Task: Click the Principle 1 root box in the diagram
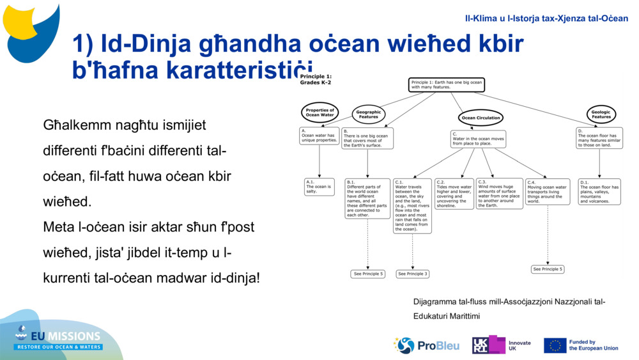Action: [446, 85]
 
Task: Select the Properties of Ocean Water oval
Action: [319, 113]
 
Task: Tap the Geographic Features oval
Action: [368, 114]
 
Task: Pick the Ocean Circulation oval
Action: [481, 118]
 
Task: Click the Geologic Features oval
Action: [601, 114]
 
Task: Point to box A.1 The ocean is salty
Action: [319, 187]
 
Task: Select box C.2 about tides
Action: [454, 194]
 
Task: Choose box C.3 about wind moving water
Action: [499, 194]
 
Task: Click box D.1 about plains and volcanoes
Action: [599, 191]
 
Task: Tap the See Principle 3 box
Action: [412, 274]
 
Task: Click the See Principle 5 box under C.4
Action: [548, 269]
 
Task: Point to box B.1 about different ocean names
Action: [367, 198]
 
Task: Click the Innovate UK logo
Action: [501, 345]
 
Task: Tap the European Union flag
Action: [555, 345]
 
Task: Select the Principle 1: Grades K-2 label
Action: [316, 79]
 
